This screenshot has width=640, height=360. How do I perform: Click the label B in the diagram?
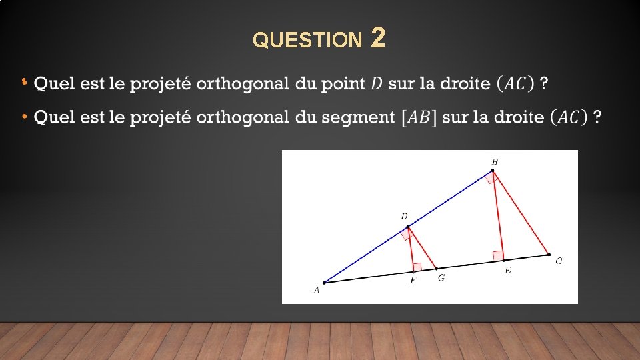pos(495,162)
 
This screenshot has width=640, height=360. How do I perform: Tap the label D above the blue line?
pos(404,217)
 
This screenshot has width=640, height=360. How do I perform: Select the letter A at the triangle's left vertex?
pos(317,290)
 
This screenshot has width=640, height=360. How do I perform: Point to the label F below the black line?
pos(413,281)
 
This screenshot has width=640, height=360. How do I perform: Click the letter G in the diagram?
pos(441,278)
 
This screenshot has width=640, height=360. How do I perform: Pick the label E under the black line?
pos(507,270)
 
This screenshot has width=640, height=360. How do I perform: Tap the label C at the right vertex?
pos(559,261)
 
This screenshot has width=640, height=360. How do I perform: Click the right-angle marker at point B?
pos(492,177)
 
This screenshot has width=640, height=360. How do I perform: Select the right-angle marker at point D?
pos(405,233)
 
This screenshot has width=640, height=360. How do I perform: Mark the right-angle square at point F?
pos(417,267)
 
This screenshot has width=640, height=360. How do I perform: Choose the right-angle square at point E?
pos(498,255)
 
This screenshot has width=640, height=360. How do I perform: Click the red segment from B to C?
pos(521,213)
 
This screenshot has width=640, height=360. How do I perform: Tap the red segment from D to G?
pos(423,248)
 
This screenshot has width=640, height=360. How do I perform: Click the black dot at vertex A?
pos(324,283)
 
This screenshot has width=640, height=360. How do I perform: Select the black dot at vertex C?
pos(548,254)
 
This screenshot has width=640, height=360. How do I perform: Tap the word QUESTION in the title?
pos(306,41)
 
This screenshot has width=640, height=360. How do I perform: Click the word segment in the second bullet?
pos(359,117)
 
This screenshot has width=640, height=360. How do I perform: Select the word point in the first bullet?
pos(342,84)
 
